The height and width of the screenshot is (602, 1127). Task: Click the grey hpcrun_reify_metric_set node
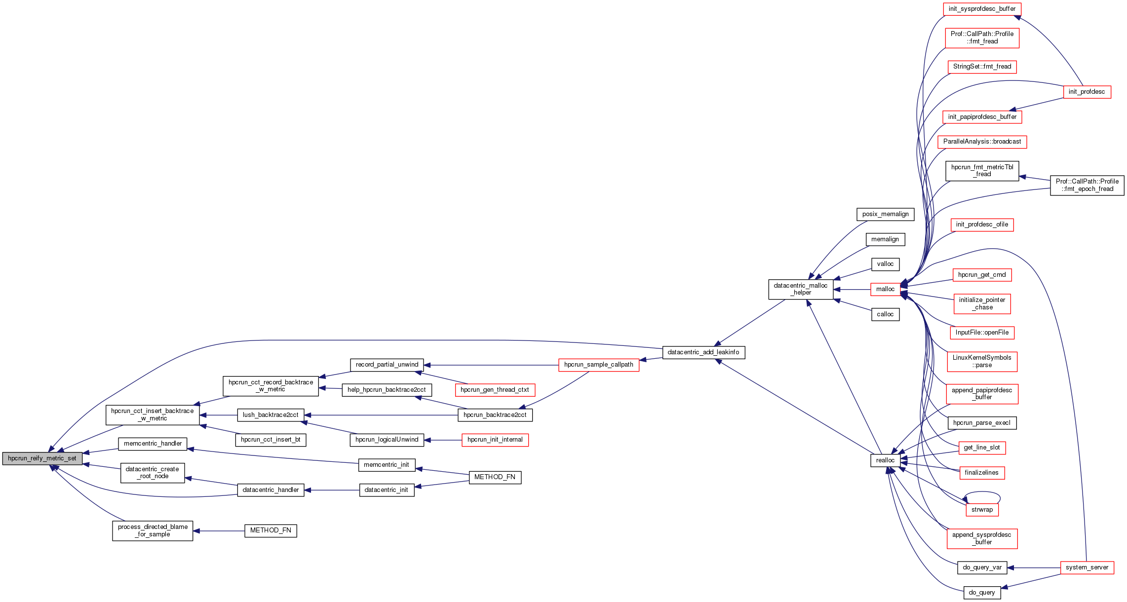42,458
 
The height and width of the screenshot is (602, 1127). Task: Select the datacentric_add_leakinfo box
703,352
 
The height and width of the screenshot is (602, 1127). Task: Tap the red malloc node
885,289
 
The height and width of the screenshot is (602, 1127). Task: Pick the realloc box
885,460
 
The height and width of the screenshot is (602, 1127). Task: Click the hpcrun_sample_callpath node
598,365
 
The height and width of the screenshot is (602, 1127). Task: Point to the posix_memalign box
885,214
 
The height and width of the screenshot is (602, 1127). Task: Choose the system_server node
1087,567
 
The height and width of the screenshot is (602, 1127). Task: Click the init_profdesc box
1087,92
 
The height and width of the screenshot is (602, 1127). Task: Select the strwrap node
982,510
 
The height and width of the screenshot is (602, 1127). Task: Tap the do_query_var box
982,567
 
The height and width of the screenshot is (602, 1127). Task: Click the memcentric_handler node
153,444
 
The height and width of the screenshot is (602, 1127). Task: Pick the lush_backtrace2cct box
271,415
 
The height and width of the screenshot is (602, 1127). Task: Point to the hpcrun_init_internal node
495,440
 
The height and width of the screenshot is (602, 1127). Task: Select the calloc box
885,314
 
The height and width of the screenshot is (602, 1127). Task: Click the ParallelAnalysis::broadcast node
982,142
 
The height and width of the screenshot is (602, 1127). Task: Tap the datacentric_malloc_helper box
800,289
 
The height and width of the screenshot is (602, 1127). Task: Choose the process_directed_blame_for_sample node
153,530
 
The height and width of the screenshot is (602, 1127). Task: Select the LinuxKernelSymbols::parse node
982,361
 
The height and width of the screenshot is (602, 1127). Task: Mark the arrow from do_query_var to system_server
1034,567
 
